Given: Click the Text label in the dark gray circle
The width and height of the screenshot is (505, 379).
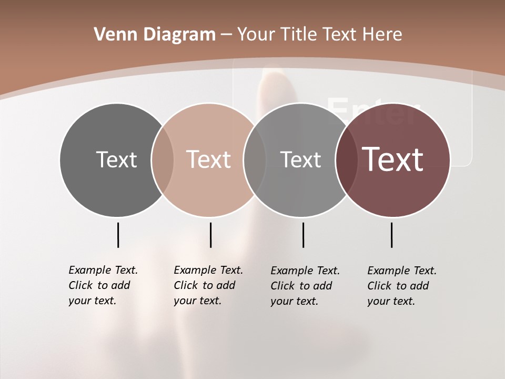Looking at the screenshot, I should click(116, 159).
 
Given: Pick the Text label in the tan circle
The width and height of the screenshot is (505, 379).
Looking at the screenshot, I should click(209, 159).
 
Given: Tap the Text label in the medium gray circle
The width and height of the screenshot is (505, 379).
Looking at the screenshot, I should click(300, 159).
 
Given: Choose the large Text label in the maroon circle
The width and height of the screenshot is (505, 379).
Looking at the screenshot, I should click(393, 159).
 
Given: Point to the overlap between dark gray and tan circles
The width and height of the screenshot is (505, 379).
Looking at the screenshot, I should click(163, 159).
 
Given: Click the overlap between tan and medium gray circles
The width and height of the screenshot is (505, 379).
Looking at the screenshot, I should click(255, 159).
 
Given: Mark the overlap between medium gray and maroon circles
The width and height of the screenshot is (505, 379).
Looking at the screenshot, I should click(347, 159).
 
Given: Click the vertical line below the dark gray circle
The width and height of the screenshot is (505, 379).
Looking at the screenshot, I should click(118, 235).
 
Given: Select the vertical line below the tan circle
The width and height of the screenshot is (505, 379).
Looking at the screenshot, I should click(210, 235).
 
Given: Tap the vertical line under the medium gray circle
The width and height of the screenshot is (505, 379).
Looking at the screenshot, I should click(303, 235).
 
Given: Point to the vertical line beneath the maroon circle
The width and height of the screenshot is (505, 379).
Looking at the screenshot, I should click(391, 235).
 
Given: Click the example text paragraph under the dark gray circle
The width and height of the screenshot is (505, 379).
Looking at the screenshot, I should click(103, 285).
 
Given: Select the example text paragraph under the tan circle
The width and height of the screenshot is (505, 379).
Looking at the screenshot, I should click(208, 285).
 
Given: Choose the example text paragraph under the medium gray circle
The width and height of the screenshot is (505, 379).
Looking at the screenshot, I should click(305, 286).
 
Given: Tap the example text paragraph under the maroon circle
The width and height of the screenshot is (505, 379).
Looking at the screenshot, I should click(401, 286).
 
